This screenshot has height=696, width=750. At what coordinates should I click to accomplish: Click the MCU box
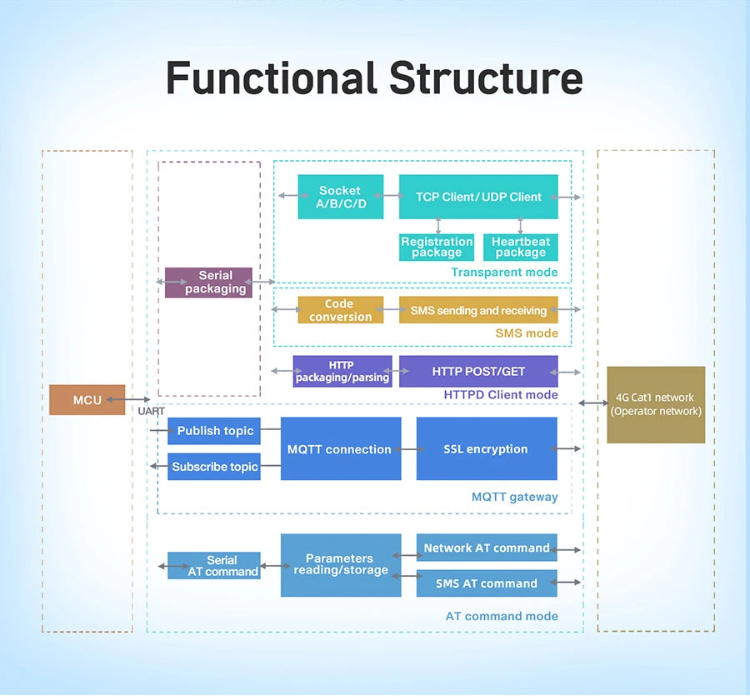(87, 400)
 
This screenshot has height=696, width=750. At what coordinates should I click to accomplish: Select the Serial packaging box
(208, 283)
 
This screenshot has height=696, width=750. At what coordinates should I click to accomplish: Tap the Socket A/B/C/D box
(341, 197)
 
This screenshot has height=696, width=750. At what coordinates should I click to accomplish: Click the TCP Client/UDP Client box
(478, 197)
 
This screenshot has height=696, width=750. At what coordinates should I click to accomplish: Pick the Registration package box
(437, 248)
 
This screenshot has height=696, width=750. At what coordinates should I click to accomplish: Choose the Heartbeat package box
(520, 248)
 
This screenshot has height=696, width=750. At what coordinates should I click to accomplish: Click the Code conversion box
(341, 310)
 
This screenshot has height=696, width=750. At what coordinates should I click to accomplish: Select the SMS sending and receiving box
(478, 310)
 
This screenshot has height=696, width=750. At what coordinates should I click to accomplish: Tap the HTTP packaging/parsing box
(342, 371)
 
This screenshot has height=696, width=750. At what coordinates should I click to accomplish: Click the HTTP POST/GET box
(478, 371)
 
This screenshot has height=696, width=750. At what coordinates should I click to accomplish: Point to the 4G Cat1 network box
(656, 404)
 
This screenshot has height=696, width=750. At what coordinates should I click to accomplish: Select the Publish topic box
(215, 431)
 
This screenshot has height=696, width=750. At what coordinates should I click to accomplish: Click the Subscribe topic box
(215, 467)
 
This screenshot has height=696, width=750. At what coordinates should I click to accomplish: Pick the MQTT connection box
(340, 449)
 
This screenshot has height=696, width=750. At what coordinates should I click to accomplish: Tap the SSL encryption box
(486, 449)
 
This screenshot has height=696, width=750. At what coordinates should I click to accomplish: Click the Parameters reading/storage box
(340, 564)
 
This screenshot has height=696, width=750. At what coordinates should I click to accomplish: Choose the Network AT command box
(487, 548)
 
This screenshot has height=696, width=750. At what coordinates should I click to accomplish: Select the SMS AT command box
(487, 583)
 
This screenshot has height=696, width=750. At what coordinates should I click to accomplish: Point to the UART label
(152, 412)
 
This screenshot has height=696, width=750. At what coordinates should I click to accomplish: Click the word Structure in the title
(486, 78)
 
